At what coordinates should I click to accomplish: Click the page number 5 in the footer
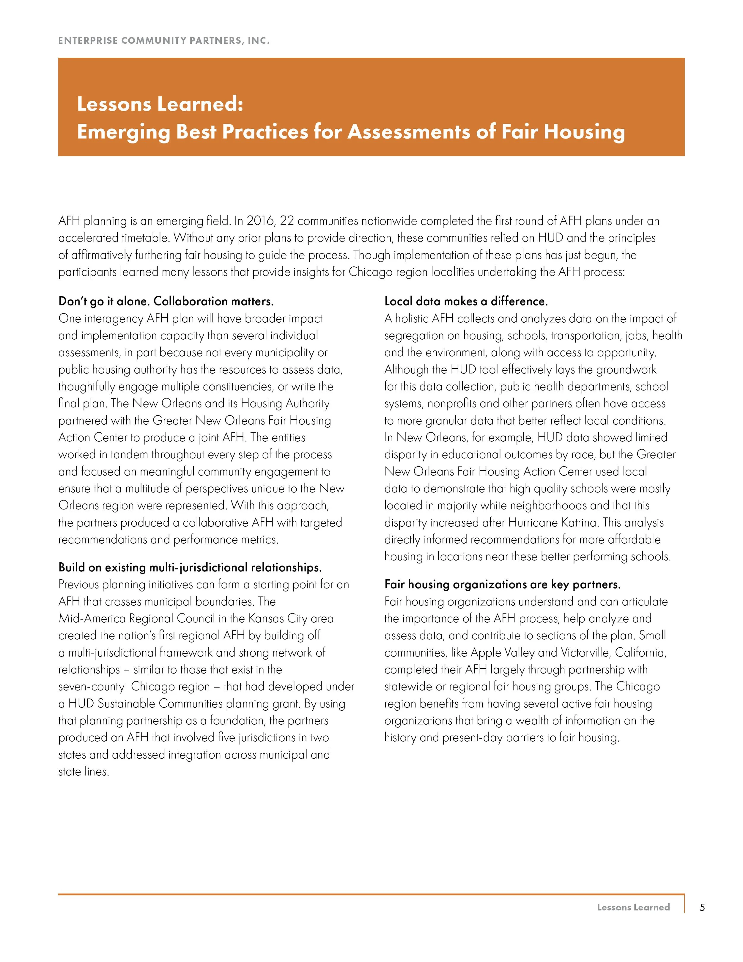(x=702, y=907)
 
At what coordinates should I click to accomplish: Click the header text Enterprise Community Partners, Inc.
(x=164, y=40)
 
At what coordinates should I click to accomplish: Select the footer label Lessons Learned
(x=633, y=907)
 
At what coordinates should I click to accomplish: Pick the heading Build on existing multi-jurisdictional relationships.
(x=190, y=567)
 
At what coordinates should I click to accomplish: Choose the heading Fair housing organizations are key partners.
(x=502, y=585)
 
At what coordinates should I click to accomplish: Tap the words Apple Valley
(x=503, y=652)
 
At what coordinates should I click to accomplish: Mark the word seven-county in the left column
(x=92, y=687)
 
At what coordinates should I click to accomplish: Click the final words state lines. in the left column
(x=84, y=772)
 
